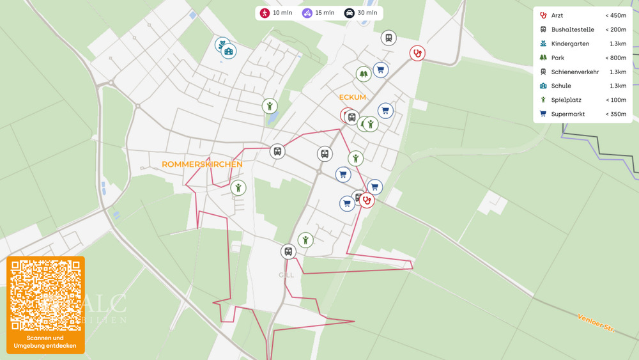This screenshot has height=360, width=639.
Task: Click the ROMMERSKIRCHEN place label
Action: [202, 164]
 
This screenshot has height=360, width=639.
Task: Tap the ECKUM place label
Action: [353, 97]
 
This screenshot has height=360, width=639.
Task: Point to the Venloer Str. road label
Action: [595, 322]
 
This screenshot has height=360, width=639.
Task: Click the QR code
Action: [46, 295]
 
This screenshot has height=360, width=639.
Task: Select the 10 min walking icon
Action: [265, 13]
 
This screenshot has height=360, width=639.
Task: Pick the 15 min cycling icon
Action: [307, 13]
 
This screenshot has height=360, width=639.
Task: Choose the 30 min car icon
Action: [350, 13]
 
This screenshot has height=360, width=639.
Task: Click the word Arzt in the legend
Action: [557, 15]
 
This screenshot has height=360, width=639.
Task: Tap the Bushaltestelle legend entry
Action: [573, 29]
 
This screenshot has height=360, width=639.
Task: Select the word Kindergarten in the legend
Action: [570, 43]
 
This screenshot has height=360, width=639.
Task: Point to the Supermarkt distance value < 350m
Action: [615, 114]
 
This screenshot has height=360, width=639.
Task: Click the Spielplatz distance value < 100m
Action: [615, 100]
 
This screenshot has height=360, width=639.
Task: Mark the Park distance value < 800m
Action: [615, 58]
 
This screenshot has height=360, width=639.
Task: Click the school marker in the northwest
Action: [229, 51]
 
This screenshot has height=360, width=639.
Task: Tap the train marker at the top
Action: [388, 38]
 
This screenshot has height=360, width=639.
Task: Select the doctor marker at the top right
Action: [417, 53]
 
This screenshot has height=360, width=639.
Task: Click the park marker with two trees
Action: [364, 74]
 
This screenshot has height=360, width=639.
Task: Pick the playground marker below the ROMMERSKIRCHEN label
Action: [238, 187]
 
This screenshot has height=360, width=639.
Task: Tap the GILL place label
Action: [286, 274]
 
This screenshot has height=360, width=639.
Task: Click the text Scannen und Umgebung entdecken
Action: [45, 342]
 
